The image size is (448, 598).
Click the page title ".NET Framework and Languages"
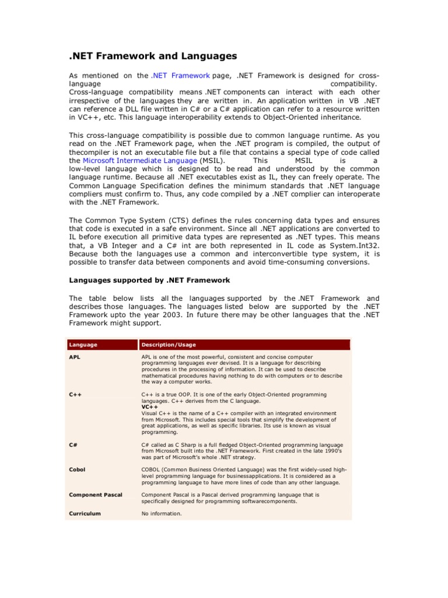[x=153, y=56]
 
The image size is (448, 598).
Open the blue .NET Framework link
[x=180, y=76]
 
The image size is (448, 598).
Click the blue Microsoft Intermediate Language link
[x=140, y=161]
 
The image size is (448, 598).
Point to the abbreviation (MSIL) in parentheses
[x=215, y=161]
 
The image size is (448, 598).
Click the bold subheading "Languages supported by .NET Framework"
[x=149, y=280]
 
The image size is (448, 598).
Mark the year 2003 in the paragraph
[x=150, y=315]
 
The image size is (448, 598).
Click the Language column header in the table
[x=83, y=345]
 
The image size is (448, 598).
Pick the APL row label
[x=75, y=356]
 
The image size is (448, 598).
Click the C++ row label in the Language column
[x=75, y=395]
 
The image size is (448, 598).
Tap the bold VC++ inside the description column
[x=150, y=407]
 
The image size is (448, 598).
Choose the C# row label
[x=73, y=445]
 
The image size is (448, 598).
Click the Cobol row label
[x=77, y=470]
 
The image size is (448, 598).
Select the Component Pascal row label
[x=96, y=495]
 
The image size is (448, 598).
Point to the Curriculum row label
[x=85, y=514]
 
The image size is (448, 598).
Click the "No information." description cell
[x=162, y=514]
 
